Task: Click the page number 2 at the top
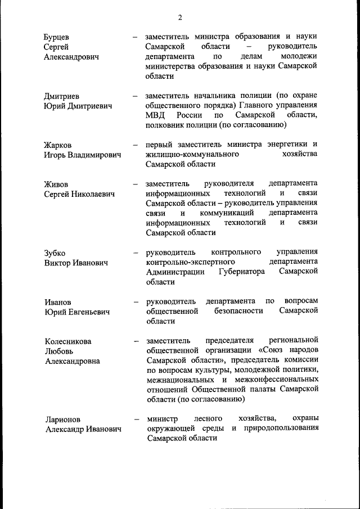tap(180, 17)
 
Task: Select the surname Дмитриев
tap(62, 96)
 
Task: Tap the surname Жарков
tap(58, 145)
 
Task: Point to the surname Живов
tap(56, 184)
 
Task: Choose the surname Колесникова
tap(68, 341)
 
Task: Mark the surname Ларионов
tap(63, 419)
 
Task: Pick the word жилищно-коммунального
tap(192, 154)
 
